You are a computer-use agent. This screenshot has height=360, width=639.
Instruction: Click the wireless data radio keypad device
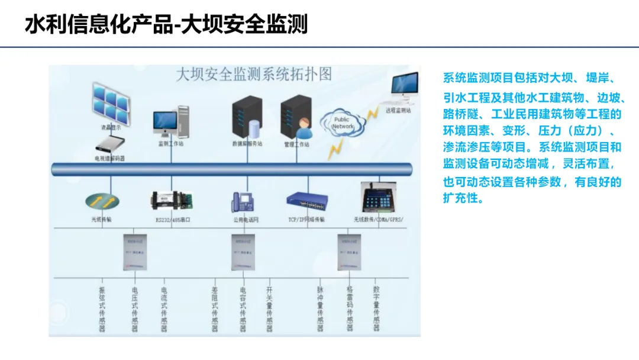[x=379, y=198]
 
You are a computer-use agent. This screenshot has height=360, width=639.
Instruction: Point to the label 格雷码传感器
[x=350, y=308]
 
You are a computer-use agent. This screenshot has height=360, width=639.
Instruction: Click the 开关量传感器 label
[x=270, y=308]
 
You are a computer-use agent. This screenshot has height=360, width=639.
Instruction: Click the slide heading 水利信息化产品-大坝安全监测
[x=166, y=25]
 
